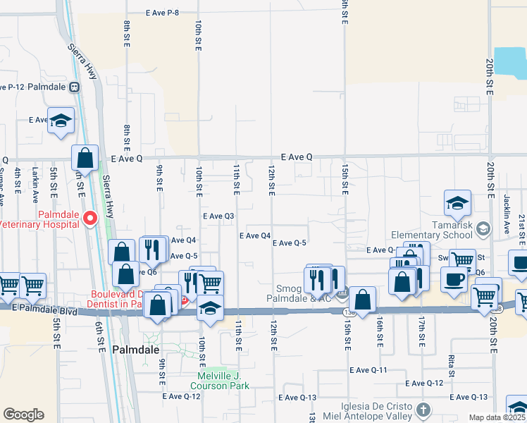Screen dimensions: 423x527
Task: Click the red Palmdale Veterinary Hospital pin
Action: click(x=89, y=219)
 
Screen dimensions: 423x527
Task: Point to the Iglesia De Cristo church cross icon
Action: click(x=423, y=410)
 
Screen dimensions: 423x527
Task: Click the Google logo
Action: click(x=23, y=415)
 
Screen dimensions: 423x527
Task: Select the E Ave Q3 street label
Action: click(x=218, y=216)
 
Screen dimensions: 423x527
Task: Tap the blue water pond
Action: click(x=510, y=63)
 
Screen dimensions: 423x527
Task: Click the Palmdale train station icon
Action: click(x=74, y=87)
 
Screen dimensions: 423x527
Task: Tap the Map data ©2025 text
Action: click(x=488, y=417)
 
